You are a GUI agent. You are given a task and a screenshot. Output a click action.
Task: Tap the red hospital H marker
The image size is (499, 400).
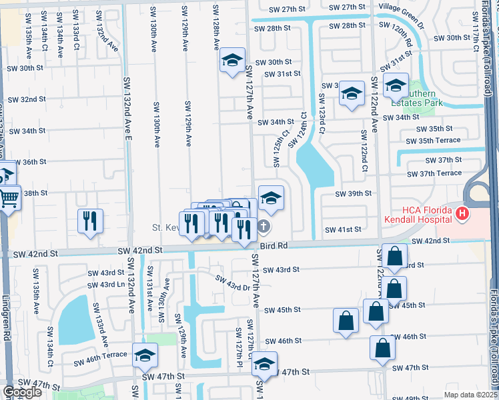tap(462, 213)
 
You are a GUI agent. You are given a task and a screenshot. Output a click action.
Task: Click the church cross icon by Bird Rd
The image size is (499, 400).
tap(264, 227)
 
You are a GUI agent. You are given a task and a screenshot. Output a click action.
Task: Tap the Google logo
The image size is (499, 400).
tap(22, 391)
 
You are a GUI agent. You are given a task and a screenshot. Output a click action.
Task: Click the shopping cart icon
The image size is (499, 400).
tap(9, 197)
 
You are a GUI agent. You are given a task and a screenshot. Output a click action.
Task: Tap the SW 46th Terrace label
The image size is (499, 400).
tap(101, 355)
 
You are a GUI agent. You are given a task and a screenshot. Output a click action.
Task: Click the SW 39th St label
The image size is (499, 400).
tap(353, 193)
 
